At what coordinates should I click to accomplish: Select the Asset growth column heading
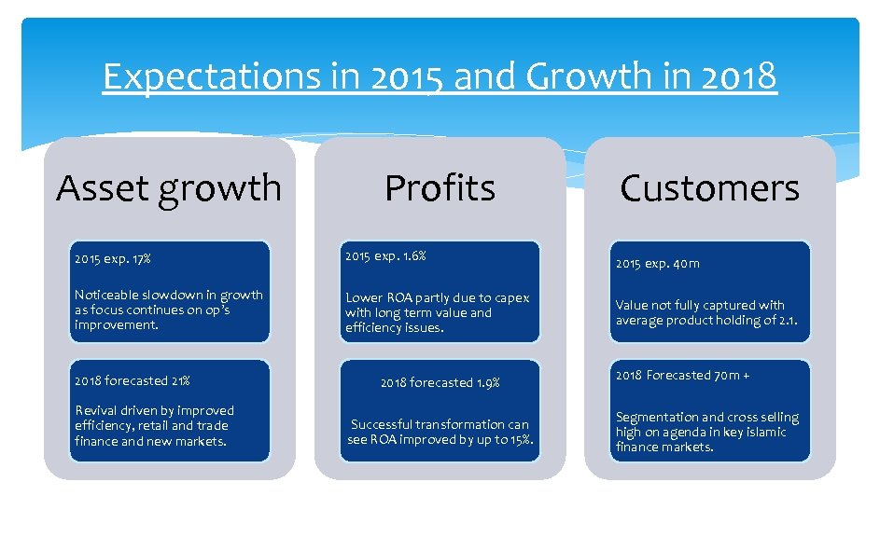(168, 187)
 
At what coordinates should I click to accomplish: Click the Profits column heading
(440, 187)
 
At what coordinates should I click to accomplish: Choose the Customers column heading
(709, 188)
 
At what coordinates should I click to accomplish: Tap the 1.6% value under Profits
(412, 255)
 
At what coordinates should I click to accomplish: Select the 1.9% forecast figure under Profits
(488, 382)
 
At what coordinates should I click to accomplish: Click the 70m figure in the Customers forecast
(728, 375)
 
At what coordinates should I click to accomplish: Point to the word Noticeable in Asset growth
(107, 295)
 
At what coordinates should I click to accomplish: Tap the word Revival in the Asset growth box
(97, 410)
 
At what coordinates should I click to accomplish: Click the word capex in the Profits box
(511, 297)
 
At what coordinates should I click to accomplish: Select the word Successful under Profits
(384, 424)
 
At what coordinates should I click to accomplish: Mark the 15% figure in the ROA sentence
(521, 439)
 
